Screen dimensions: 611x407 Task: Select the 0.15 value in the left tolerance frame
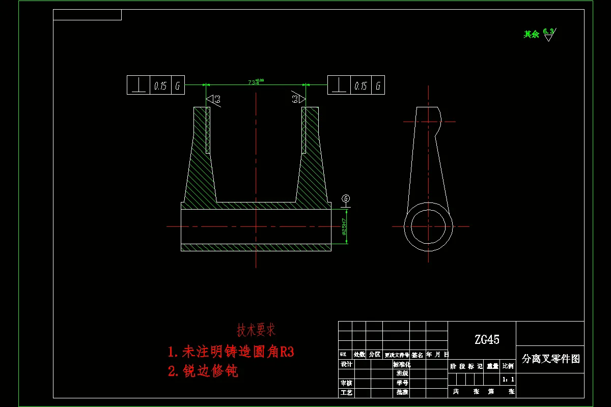click(x=160, y=85)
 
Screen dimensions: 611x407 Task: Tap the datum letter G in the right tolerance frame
click(x=378, y=85)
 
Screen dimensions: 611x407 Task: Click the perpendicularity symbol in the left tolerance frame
click(x=138, y=85)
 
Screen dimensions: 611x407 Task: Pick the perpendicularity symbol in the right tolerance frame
click(x=339, y=85)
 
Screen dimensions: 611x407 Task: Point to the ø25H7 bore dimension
click(x=344, y=226)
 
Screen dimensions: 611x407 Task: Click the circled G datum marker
click(x=346, y=198)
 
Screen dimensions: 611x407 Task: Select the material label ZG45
click(x=487, y=339)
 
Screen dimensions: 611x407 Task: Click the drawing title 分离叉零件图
click(x=551, y=359)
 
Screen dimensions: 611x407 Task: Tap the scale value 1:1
click(x=508, y=380)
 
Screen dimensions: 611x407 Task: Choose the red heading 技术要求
click(x=256, y=330)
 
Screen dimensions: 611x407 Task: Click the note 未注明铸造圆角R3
click(x=231, y=352)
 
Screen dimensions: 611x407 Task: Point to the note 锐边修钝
click(x=203, y=371)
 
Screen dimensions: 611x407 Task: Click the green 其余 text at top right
click(x=531, y=35)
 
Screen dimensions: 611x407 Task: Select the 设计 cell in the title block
click(x=346, y=364)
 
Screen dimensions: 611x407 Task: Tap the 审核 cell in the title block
click(x=346, y=383)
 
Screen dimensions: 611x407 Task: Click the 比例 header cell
click(x=508, y=366)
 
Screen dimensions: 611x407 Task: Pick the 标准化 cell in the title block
click(x=402, y=364)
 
